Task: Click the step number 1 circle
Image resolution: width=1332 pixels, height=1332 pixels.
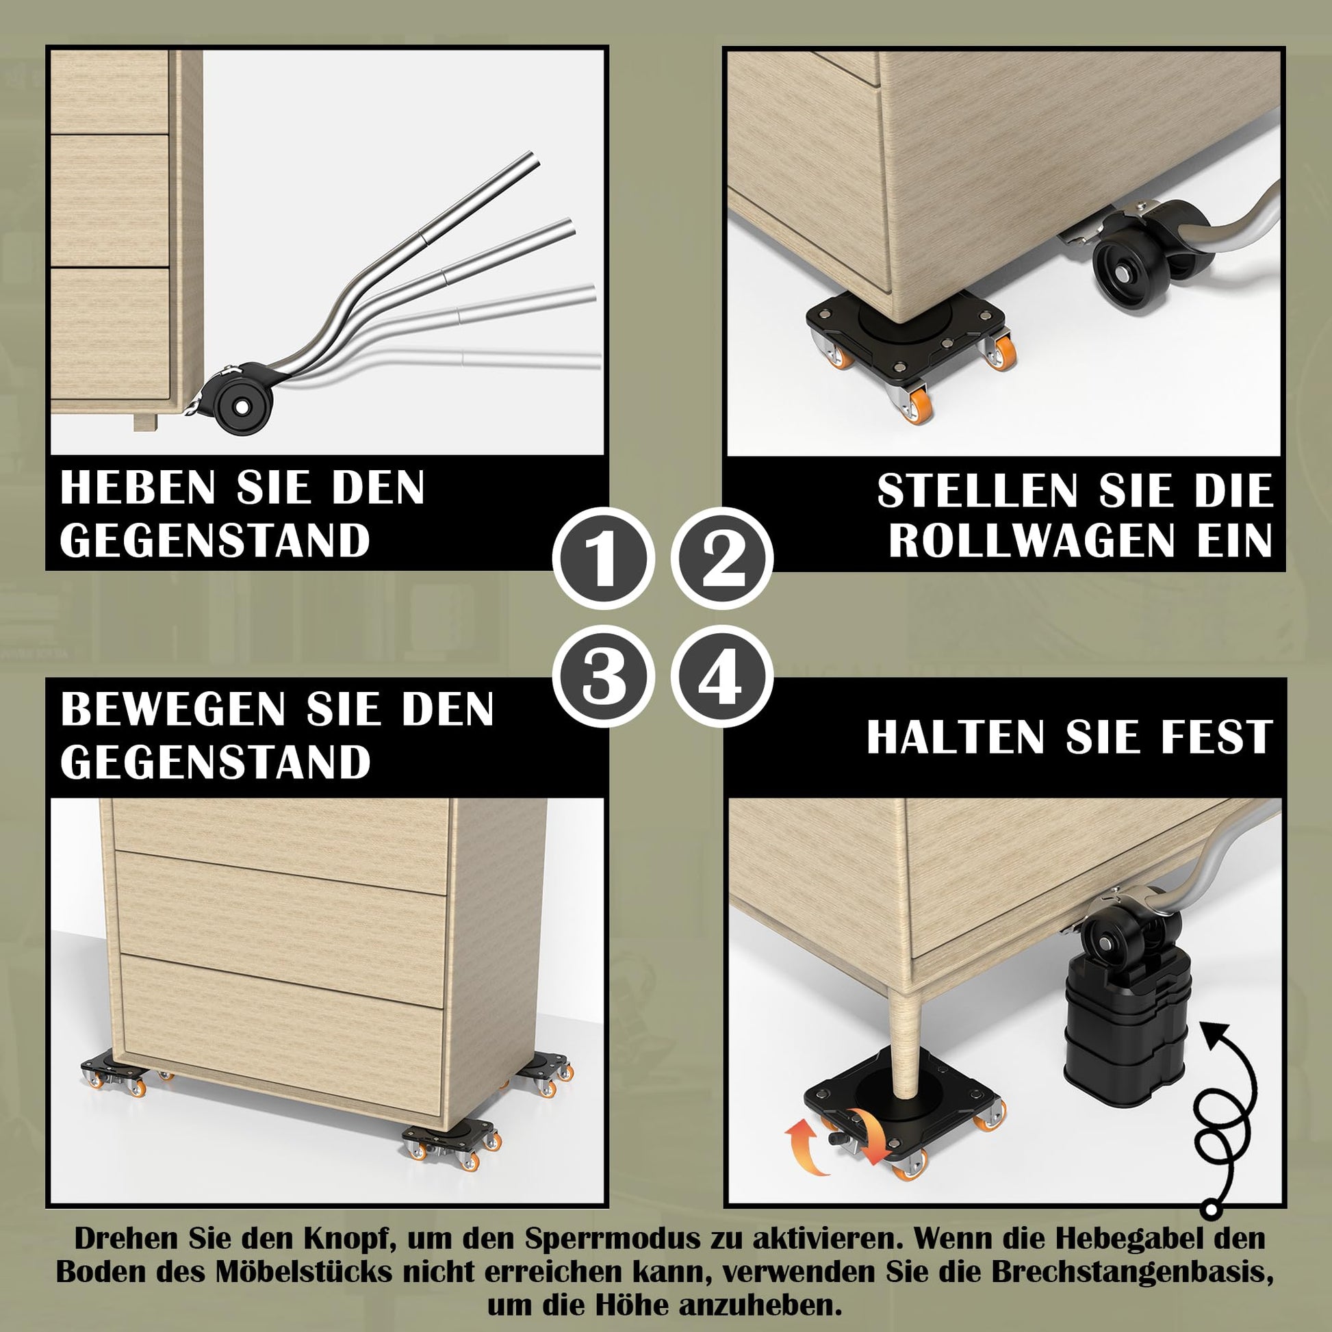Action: [x=603, y=559]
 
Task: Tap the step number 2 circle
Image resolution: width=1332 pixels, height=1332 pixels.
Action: [x=722, y=559]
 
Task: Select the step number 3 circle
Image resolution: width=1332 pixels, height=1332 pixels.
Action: [x=603, y=676]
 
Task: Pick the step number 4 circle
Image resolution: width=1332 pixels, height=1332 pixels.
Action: [x=722, y=676]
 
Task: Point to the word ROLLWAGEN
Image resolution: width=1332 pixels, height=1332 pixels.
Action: [x=1032, y=541]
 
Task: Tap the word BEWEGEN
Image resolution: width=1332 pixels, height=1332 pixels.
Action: [x=173, y=708]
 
